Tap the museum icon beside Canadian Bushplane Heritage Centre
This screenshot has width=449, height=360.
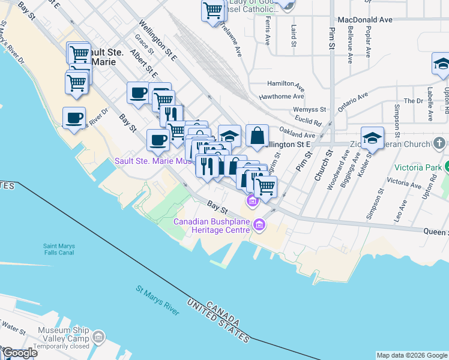259,226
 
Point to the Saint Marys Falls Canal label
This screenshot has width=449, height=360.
67,248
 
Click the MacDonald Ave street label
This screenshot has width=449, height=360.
365,20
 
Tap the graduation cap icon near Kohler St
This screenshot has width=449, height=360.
372,138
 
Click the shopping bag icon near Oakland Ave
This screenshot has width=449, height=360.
257,136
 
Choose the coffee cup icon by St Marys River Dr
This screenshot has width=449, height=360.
74,118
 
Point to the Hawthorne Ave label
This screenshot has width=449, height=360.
282,97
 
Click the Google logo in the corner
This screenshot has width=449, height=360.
20,353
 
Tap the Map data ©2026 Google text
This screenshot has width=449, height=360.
412,355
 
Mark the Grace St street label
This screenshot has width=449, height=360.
145,44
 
